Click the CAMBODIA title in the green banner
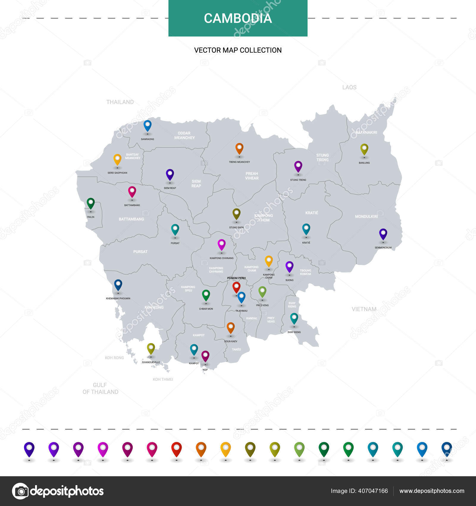click(238, 18)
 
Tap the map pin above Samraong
click(148, 125)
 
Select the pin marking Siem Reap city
click(170, 174)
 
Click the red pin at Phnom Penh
click(237, 287)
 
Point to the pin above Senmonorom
click(383, 234)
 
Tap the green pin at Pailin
click(91, 203)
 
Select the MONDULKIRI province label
click(366, 216)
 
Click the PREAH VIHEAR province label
click(252, 176)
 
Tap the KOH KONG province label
click(154, 307)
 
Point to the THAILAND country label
click(120, 102)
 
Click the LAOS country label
click(349, 87)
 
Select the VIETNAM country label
click(364, 309)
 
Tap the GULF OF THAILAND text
click(100, 388)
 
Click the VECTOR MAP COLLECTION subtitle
click(238, 50)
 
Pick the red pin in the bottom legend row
click(176, 449)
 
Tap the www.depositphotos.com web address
click(432, 491)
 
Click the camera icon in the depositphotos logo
click(21, 491)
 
